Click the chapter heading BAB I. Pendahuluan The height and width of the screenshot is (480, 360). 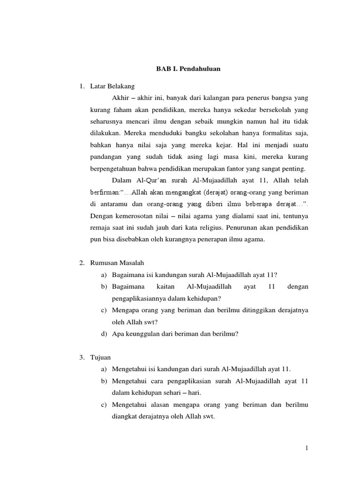tap(188, 69)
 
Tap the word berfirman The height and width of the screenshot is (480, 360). tap(105, 192)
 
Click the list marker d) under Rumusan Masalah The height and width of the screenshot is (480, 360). tap(103, 334)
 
